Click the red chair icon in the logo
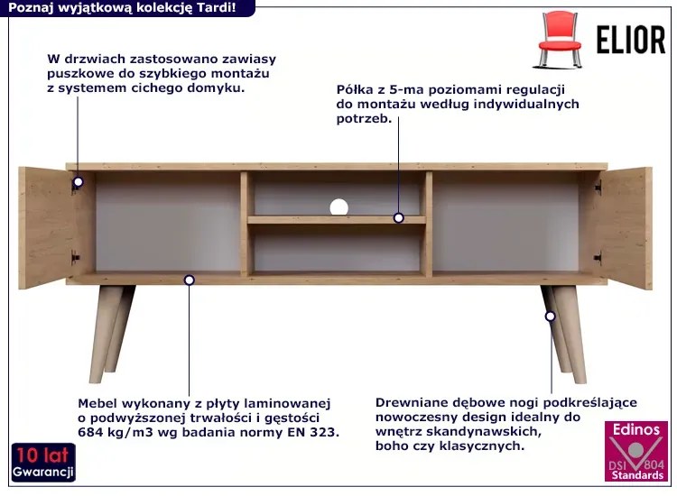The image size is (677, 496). [x=560, y=40]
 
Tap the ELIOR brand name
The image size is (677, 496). [x=631, y=40]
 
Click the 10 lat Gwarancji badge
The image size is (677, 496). [x=43, y=462]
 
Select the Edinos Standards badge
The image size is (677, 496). [x=637, y=451]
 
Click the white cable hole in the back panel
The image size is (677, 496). [x=338, y=207]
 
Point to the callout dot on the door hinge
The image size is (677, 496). [x=78, y=181]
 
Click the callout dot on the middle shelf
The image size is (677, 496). [x=398, y=218]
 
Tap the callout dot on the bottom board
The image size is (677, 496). [x=189, y=280]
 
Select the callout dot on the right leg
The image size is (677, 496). [x=550, y=317]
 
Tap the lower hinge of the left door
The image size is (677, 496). [x=76, y=258]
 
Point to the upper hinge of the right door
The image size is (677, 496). [x=598, y=187]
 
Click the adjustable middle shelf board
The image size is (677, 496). [x=337, y=220]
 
